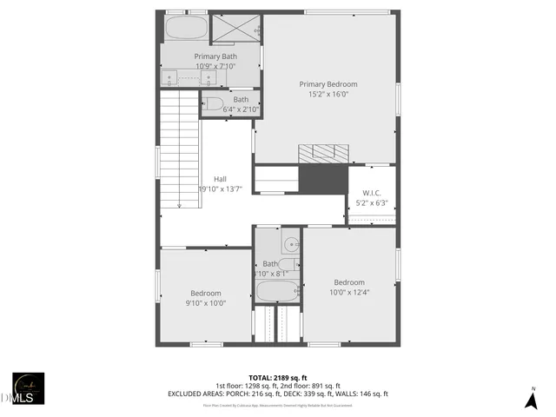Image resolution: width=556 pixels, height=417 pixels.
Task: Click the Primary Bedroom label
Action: [328, 84]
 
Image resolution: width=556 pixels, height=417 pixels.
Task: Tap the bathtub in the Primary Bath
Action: [184, 28]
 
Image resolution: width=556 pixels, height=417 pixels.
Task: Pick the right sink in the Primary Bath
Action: [209, 78]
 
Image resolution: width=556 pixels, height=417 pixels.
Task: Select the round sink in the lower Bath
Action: [291, 246]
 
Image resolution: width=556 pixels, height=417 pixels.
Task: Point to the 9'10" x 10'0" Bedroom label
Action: [206, 294]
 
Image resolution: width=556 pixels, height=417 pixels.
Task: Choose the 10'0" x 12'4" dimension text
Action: [349, 292]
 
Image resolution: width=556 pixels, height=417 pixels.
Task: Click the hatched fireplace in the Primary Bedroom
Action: [322, 153]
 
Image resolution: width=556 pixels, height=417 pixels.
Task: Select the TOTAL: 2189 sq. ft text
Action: [277, 377]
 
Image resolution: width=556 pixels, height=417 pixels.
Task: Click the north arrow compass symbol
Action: [531, 400]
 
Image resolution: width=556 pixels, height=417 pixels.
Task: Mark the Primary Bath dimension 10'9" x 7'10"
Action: [215, 66]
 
